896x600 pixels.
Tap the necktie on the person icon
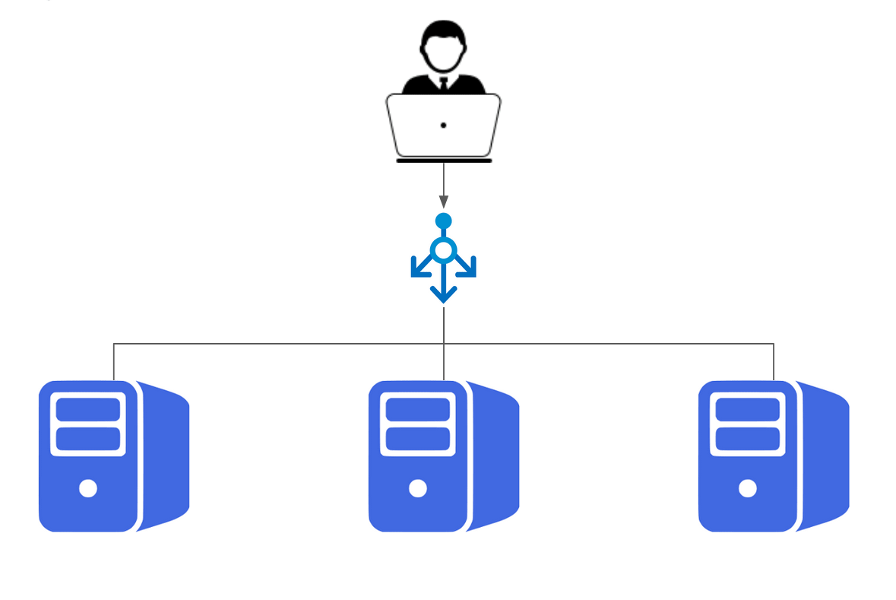[x=443, y=84]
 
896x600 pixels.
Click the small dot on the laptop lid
[x=443, y=125]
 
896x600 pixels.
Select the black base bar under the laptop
[x=444, y=160]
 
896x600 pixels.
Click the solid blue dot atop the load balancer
[x=444, y=221]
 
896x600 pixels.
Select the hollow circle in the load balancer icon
[x=444, y=249]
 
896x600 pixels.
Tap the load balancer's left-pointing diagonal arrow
[x=419, y=268]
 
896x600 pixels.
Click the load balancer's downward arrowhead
[x=444, y=294]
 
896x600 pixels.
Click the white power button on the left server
[x=88, y=488]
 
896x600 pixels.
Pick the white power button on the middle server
[x=418, y=488]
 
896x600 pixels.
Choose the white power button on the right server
[x=748, y=488]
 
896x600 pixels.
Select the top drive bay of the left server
[x=88, y=409]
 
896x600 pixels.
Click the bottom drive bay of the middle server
[x=418, y=439]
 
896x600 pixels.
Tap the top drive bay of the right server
[x=748, y=409]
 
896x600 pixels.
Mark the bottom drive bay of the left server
[x=88, y=439]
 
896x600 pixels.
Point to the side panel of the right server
[x=825, y=456]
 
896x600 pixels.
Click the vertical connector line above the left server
[x=114, y=362]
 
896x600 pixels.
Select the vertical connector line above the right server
[x=774, y=362]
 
